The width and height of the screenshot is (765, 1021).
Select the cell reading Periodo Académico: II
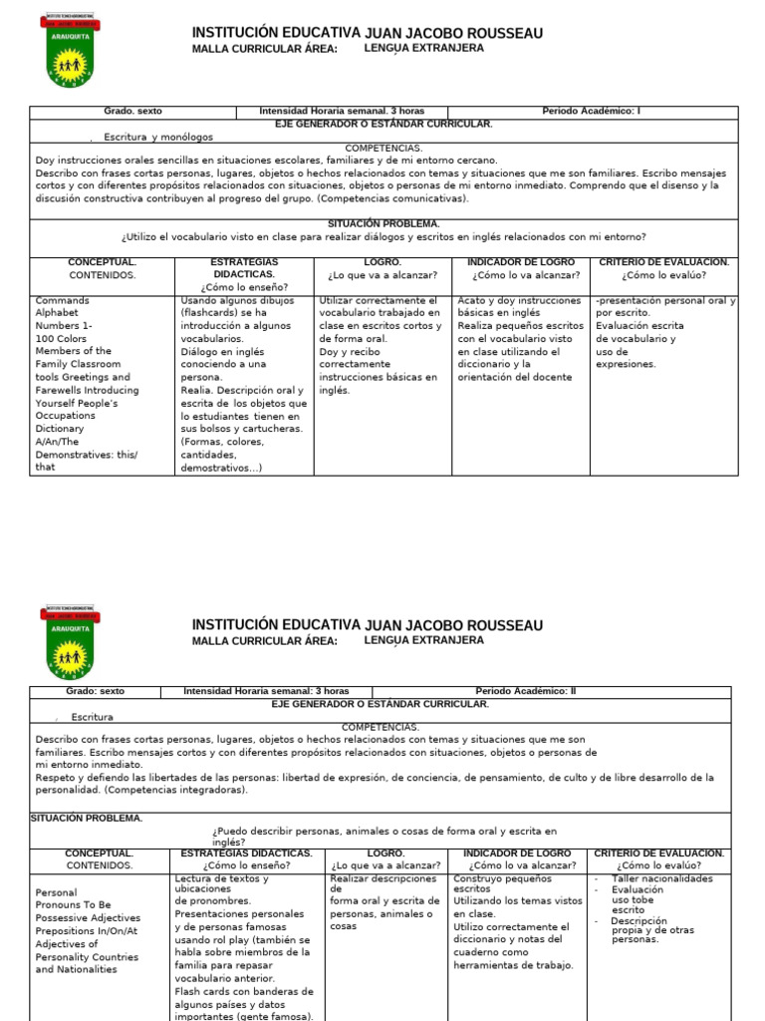(525, 691)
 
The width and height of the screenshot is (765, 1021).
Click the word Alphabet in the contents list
(58, 313)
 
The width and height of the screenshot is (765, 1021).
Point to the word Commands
(62, 300)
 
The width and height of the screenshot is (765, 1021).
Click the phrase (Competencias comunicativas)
(392, 198)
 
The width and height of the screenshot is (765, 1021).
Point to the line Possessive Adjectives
(88, 917)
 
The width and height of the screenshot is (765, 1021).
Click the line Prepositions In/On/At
(86, 930)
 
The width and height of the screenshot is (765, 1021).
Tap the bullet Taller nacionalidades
(662, 879)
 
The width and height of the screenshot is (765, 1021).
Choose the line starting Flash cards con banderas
(244, 991)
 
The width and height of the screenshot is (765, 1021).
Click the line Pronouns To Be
(74, 904)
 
